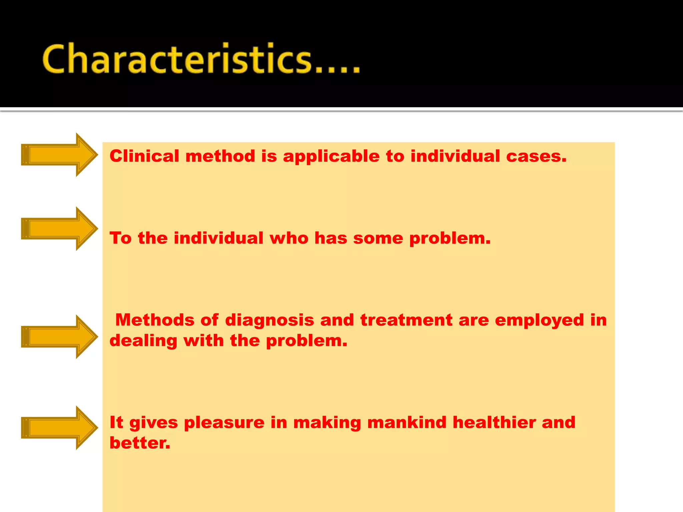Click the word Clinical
coord(144,156)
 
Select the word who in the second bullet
coord(289,238)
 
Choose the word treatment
coord(406,320)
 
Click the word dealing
coord(143,341)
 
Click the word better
coord(140,443)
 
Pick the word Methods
coord(155,320)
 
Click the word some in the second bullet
coord(378,238)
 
